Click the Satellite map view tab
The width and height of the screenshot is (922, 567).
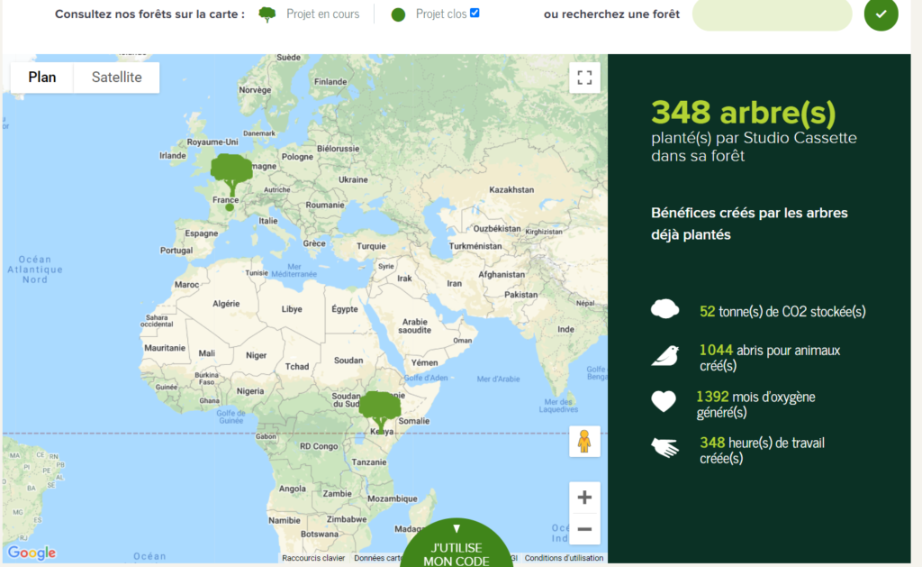pos(116,78)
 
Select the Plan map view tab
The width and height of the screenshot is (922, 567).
pos(42,78)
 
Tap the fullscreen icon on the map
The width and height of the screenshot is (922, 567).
pos(584,78)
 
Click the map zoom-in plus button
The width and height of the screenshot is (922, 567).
pos(584,497)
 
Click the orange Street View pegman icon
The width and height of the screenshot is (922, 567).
pos(584,442)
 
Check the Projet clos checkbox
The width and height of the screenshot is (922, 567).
pos(475,13)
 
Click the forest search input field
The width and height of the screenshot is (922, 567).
pos(772,14)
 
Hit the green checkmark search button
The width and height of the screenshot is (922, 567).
pos(881,14)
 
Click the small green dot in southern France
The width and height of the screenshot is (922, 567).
pos(230,207)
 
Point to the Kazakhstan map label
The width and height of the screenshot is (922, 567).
pos(511,190)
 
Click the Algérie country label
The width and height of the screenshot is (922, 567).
pos(225,305)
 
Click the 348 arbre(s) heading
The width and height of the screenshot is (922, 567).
pos(744,113)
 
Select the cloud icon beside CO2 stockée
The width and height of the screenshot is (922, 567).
pos(664,310)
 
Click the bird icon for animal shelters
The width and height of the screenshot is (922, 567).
pos(664,356)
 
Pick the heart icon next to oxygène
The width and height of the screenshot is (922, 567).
pos(664,401)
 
